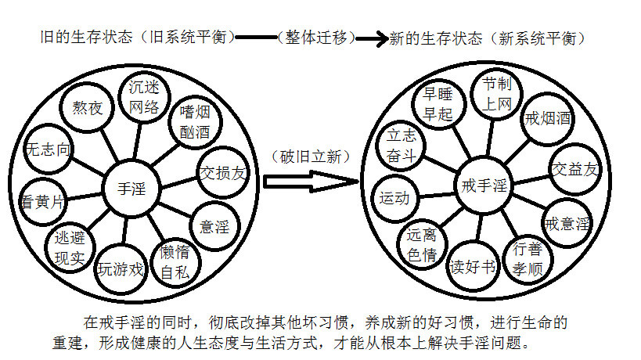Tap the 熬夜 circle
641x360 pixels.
pyautogui.click(x=88, y=108)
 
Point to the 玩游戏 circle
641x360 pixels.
pyautogui.click(x=121, y=269)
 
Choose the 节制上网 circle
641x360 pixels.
pyautogui.click(x=496, y=94)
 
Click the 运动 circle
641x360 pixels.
pyautogui.click(x=394, y=198)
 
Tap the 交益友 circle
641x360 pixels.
pyautogui.click(x=575, y=168)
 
